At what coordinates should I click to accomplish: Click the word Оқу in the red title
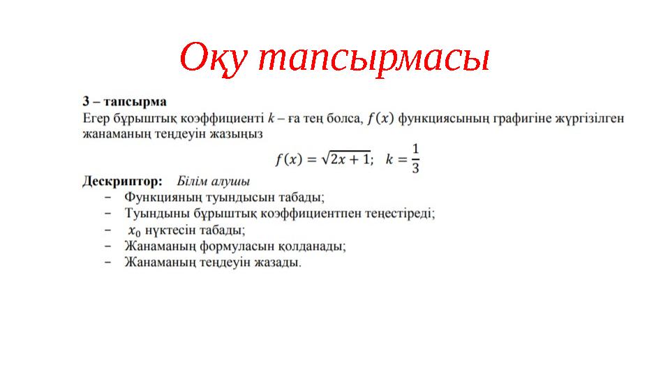pos(214,59)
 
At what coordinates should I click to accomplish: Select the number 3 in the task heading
pos(87,101)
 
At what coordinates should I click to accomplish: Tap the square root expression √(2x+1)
pos(345,159)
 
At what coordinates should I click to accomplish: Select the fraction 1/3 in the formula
pos(415,159)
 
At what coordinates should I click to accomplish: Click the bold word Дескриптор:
pos(123,180)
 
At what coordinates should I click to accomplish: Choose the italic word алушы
pos(231,180)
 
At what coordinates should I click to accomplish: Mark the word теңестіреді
pos(399,213)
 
